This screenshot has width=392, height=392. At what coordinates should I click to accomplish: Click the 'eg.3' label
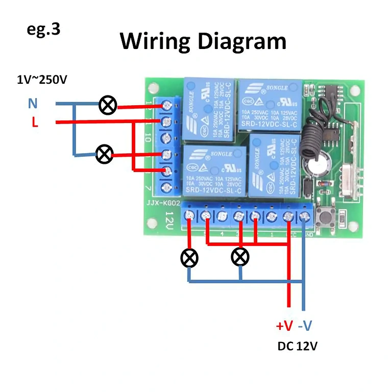click(x=43, y=29)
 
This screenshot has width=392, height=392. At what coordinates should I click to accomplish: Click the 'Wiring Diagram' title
click(x=203, y=41)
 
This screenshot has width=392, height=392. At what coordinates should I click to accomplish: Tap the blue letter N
click(x=33, y=104)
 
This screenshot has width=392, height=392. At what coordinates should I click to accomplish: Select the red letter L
click(x=34, y=123)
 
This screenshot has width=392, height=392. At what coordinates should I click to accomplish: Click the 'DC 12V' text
click(x=298, y=346)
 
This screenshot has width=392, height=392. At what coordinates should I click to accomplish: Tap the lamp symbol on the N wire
click(x=108, y=106)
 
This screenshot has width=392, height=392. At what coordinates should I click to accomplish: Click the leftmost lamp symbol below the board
click(x=189, y=257)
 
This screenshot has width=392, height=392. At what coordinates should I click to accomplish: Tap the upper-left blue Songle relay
click(x=209, y=109)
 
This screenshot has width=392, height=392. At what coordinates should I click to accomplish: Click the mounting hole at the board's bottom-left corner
click(x=152, y=224)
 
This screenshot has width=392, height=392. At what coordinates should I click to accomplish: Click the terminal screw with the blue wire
click(x=305, y=216)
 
